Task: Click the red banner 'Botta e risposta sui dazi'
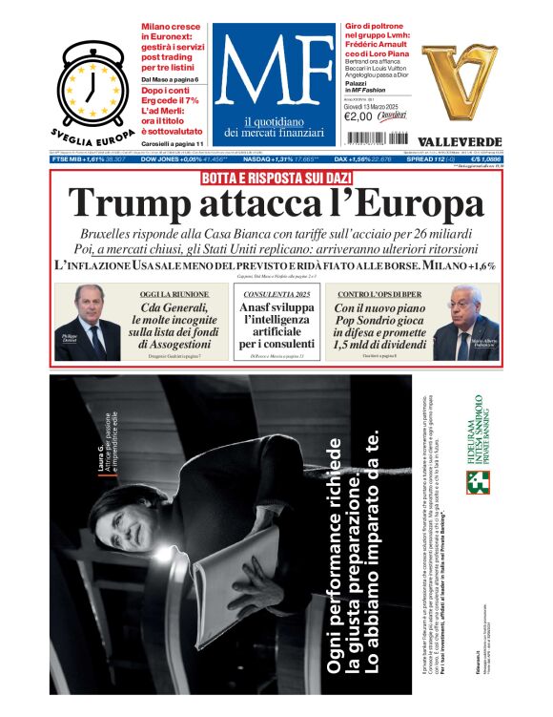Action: (276, 179)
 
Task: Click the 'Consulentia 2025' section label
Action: (276, 294)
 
